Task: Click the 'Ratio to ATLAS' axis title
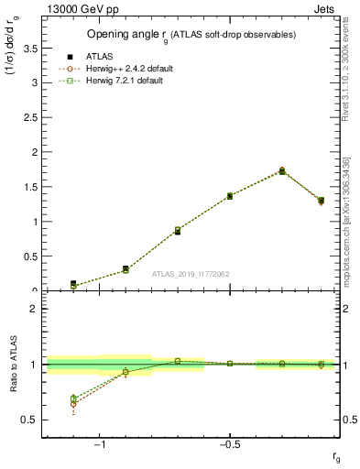coord(13,365)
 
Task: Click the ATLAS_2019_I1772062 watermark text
coord(191,274)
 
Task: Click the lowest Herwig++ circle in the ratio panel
coord(73,404)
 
